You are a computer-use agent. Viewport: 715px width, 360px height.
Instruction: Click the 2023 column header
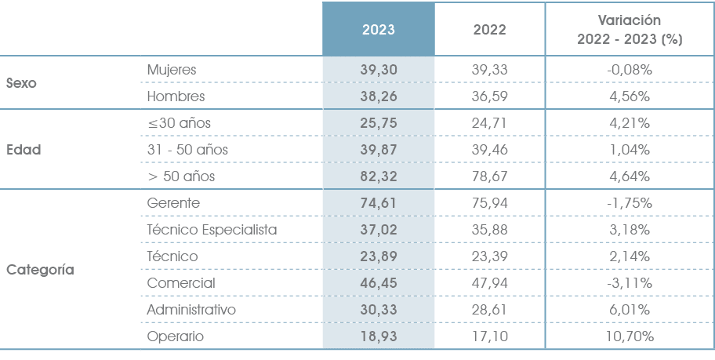click(x=379, y=30)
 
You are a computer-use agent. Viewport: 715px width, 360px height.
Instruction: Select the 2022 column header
click(x=490, y=30)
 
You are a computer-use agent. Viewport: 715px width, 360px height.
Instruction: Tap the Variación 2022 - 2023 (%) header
click(x=630, y=30)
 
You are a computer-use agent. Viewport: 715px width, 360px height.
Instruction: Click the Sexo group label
click(x=22, y=83)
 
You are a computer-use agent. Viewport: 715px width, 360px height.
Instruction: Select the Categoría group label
click(x=40, y=270)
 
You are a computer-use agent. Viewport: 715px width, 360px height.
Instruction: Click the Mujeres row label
click(x=171, y=70)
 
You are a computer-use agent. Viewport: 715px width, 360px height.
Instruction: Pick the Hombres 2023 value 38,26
click(x=379, y=96)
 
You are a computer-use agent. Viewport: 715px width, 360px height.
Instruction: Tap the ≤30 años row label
click(x=179, y=123)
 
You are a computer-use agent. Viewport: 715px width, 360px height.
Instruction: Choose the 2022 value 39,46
click(x=490, y=150)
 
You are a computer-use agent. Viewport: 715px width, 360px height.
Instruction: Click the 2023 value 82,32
click(x=379, y=176)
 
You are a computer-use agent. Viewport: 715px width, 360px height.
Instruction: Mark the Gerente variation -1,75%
click(x=630, y=203)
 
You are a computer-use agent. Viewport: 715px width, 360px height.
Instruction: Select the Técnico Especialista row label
click(x=212, y=230)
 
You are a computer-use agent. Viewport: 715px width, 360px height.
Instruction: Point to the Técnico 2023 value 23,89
click(x=379, y=256)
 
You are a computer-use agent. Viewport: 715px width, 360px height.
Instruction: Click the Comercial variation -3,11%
click(x=630, y=283)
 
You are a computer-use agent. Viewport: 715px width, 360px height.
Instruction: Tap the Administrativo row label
click(x=191, y=310)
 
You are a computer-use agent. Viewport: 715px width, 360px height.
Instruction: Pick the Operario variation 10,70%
click(x=630, y=336)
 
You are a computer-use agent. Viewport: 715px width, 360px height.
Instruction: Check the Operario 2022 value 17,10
click(x=490, y=336)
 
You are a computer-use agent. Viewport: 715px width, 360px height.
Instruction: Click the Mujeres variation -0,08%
click(x=630, y=70)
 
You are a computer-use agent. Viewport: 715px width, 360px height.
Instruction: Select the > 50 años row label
click(x=181, y=176)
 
